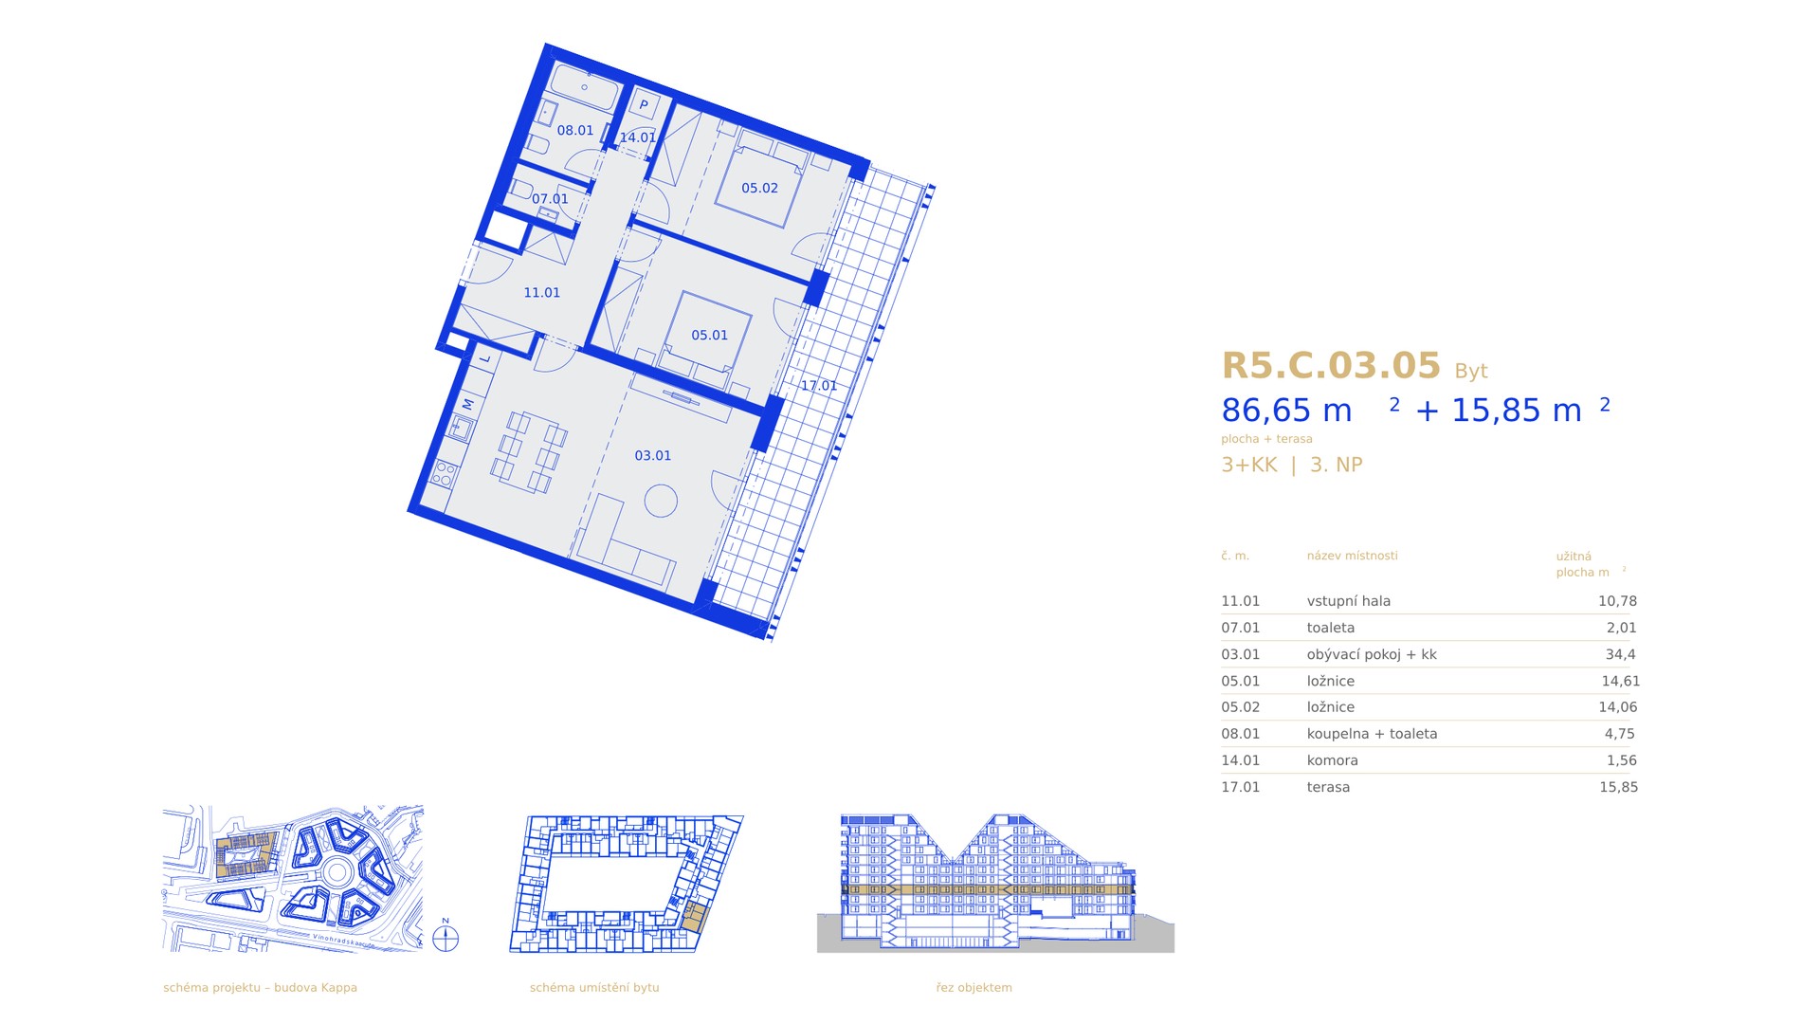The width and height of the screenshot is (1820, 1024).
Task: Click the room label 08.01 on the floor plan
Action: click(575, 131)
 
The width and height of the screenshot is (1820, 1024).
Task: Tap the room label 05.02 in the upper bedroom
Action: click(759, 188)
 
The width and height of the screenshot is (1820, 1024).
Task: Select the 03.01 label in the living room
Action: click(652, 456)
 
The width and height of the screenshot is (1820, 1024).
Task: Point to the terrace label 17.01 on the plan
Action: click(819, 386)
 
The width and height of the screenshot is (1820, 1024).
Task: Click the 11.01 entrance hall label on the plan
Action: click(542, 293)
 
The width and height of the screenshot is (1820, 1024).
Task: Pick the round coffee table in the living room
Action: click(661, 501)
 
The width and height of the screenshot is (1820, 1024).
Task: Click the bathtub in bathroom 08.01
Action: click(585, 87)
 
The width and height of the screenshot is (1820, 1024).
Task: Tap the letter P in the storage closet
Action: click(644, 105)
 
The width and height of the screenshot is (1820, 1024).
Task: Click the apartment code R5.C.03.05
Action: click(1331, 365)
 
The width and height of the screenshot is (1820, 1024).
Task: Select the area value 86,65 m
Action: click(1286, 411)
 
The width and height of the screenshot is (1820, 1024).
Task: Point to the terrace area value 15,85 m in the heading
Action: click(1517, 411)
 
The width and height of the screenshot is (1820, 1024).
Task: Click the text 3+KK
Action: click(1249, 465)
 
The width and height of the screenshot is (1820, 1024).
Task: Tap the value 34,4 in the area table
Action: click(1620, 654)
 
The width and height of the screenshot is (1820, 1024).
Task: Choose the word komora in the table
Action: click(1332, 760)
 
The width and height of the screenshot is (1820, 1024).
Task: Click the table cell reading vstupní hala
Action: click(1348, 601)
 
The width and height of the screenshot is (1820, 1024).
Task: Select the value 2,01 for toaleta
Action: click(1621, 628)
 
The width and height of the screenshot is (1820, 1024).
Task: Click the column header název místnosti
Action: click(1352, 556)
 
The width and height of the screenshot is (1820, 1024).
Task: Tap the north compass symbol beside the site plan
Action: click(446, 938)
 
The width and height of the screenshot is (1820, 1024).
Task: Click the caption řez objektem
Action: click(974, 988)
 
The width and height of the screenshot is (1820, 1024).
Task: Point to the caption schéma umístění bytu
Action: click(594, 988)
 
